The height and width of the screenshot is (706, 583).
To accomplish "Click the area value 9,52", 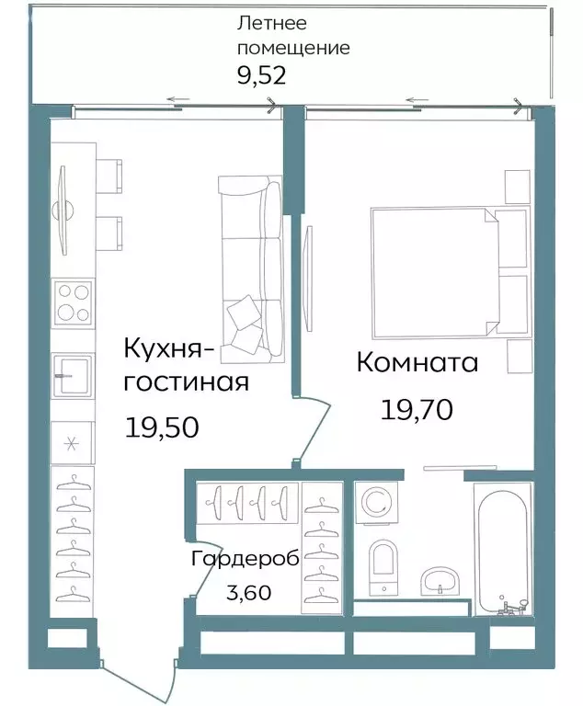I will [x=262, y=74].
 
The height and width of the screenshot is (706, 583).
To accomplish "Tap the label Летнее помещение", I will [x=292, y=35].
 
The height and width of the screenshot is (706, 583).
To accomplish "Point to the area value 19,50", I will [x=161, y=427].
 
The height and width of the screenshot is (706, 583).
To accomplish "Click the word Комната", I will [x=417, y=362].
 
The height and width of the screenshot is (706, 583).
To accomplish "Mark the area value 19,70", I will [x=417, y=409].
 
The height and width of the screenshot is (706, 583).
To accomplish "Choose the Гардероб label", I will [x=245, y=559].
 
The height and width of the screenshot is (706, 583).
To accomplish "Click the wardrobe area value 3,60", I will [x=247, y=593].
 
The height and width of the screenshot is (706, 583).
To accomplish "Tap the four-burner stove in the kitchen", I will [x=74, y=303].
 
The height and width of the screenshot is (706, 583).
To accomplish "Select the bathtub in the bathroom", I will [x=501, y=549].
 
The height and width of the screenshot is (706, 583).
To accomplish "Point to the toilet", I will [x=381, y=563].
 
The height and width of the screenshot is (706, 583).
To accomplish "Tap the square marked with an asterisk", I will [x=73, y=443].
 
